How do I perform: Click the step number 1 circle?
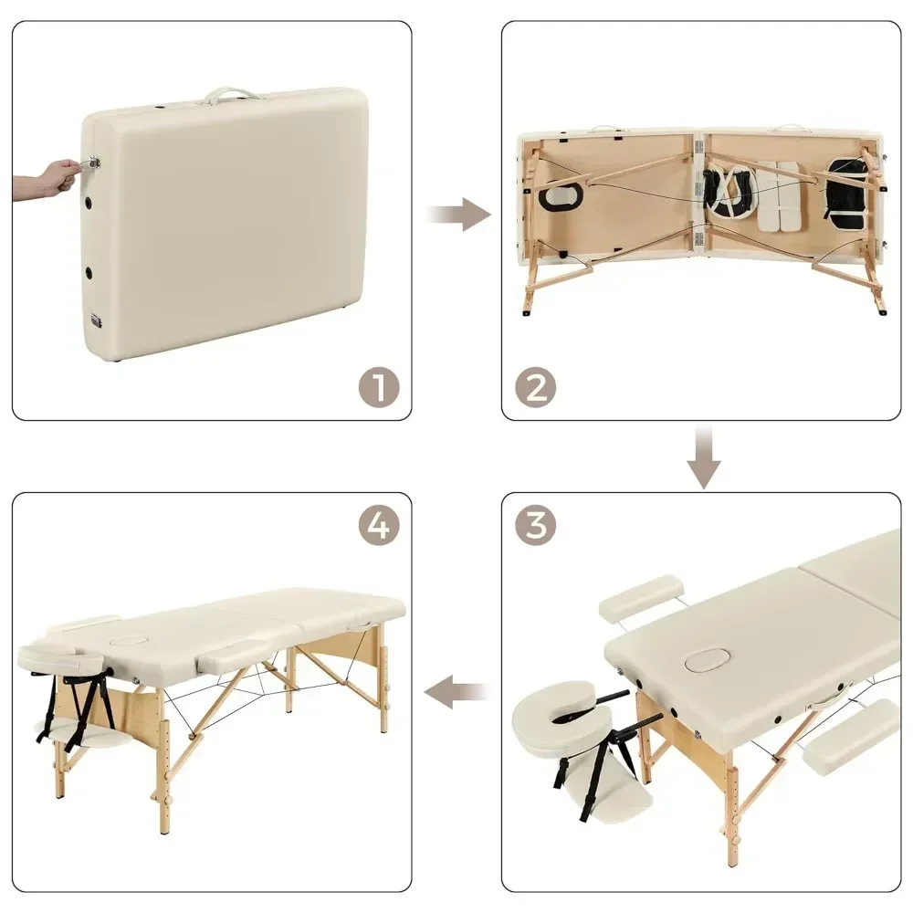(x=377, y=387)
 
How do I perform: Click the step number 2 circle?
(x=536, y=387)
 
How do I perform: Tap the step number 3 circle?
(x=536, y=525)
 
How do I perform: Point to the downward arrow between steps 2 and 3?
(x=703, y=456)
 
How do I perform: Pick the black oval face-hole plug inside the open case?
(x=557, y=197)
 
